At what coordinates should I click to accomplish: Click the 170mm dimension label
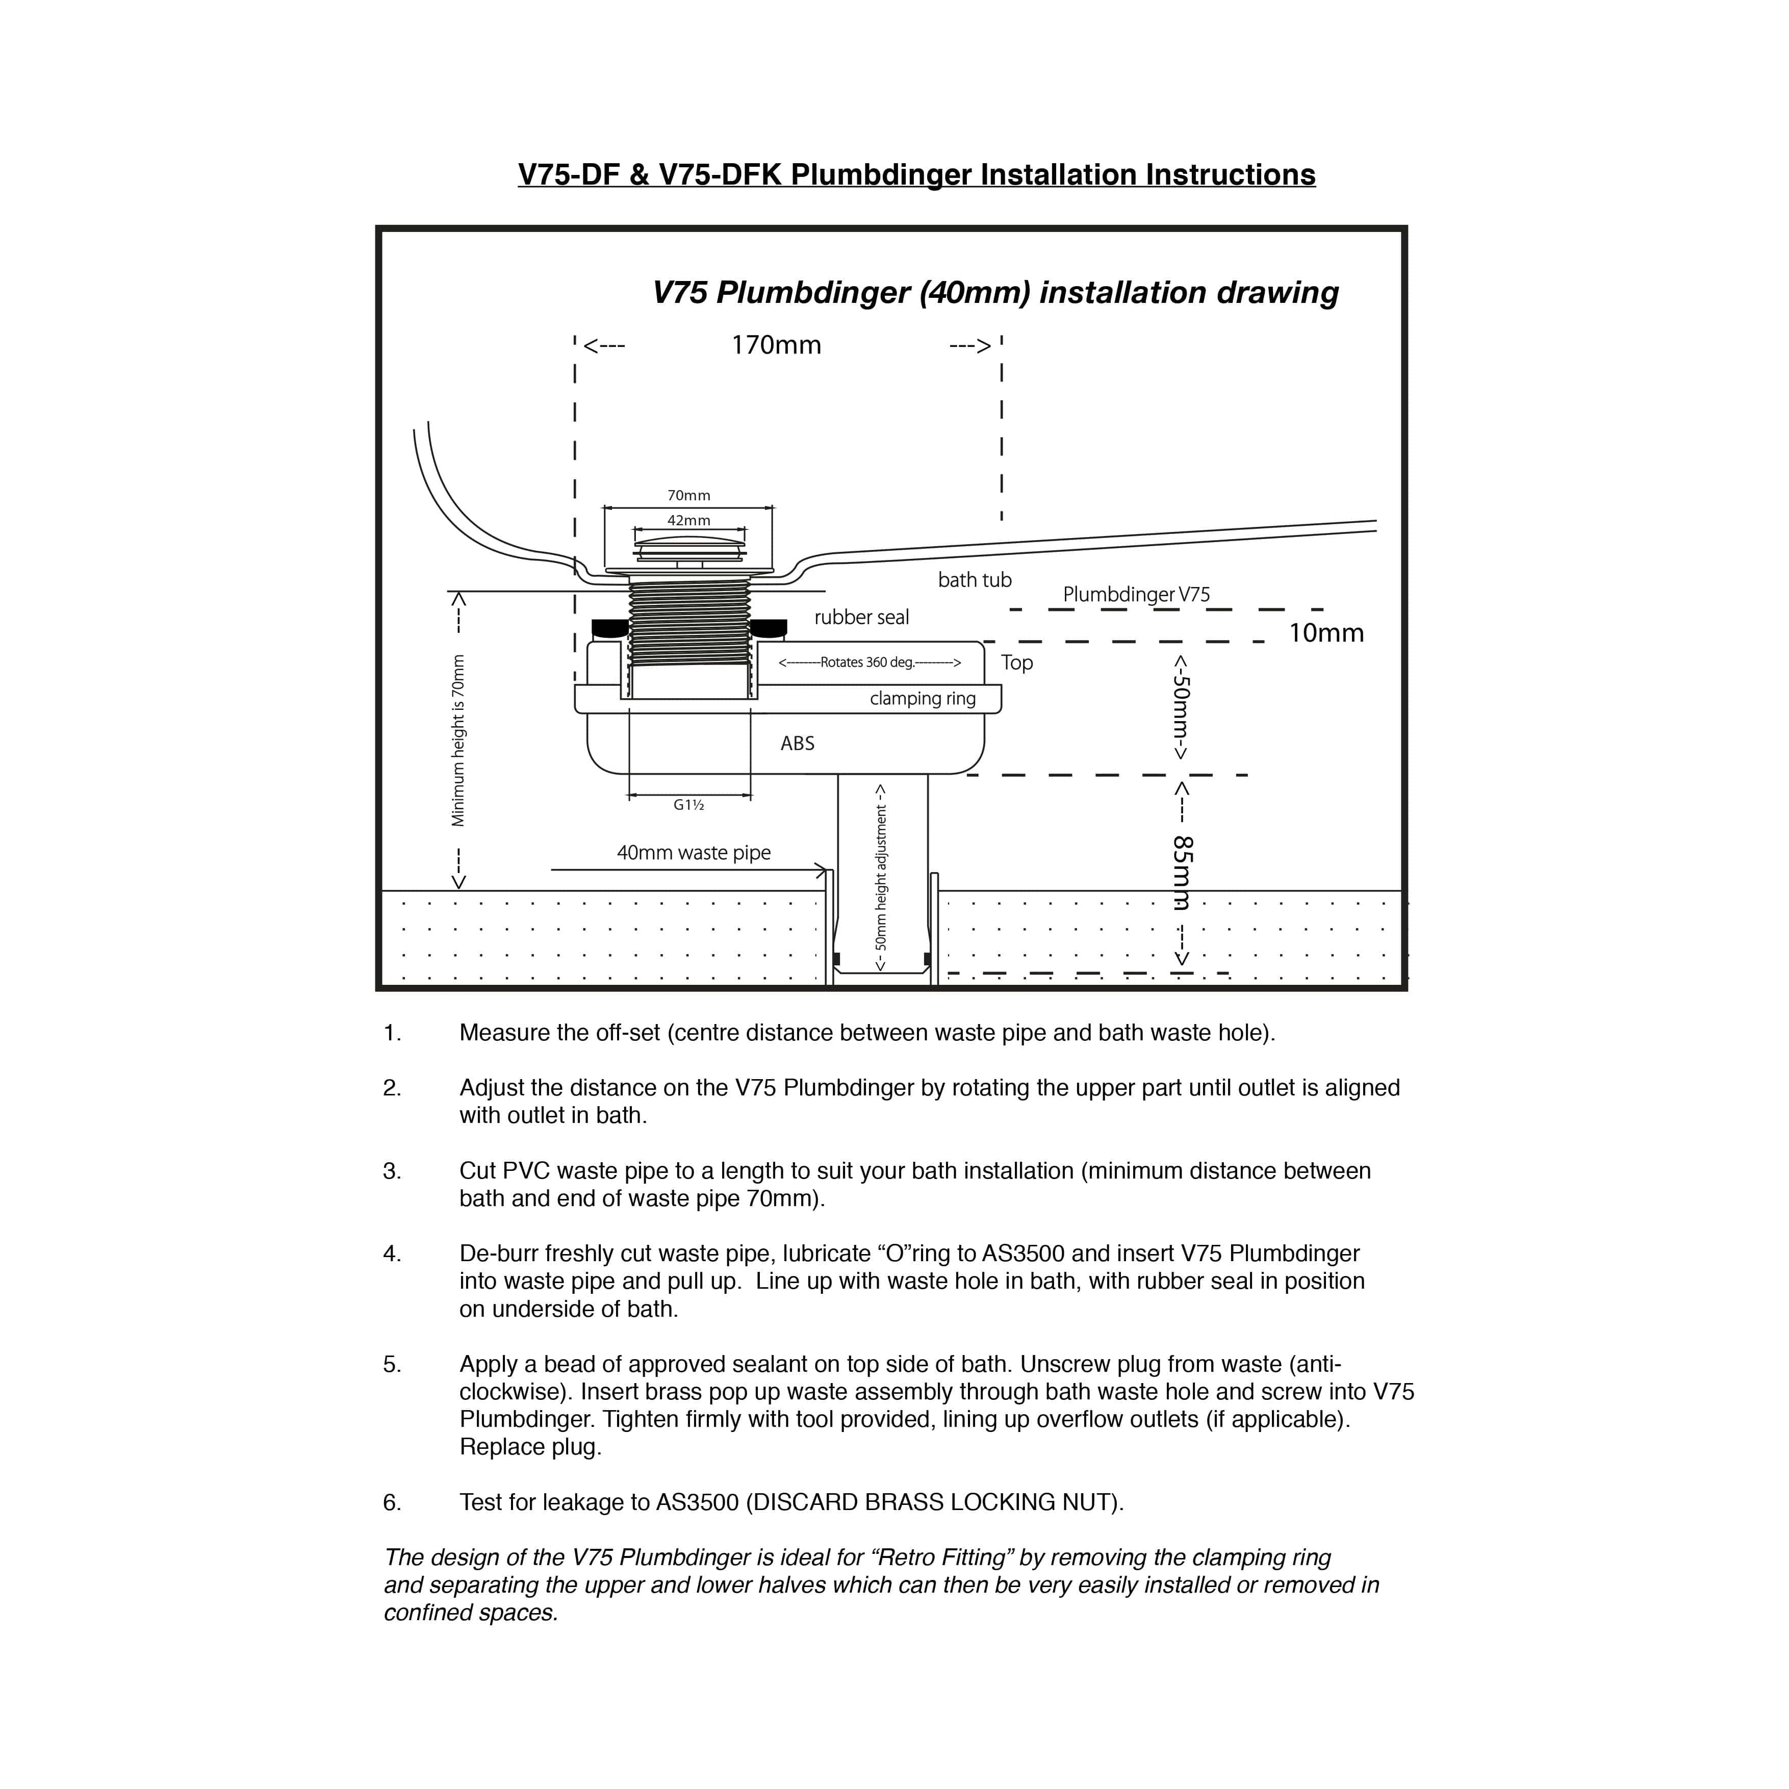click(776, 345)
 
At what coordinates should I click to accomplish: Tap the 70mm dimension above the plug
click(689, 495)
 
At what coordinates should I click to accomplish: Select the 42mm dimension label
click(689, 520)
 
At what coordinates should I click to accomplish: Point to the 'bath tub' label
click(974, 580)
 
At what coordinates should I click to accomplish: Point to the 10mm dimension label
click(1326, 633)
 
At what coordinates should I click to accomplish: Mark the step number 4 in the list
click(392, 1254)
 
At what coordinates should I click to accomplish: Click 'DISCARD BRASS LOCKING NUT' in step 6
click(933, 1502)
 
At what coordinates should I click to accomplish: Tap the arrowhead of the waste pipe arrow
click(822, 871)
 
